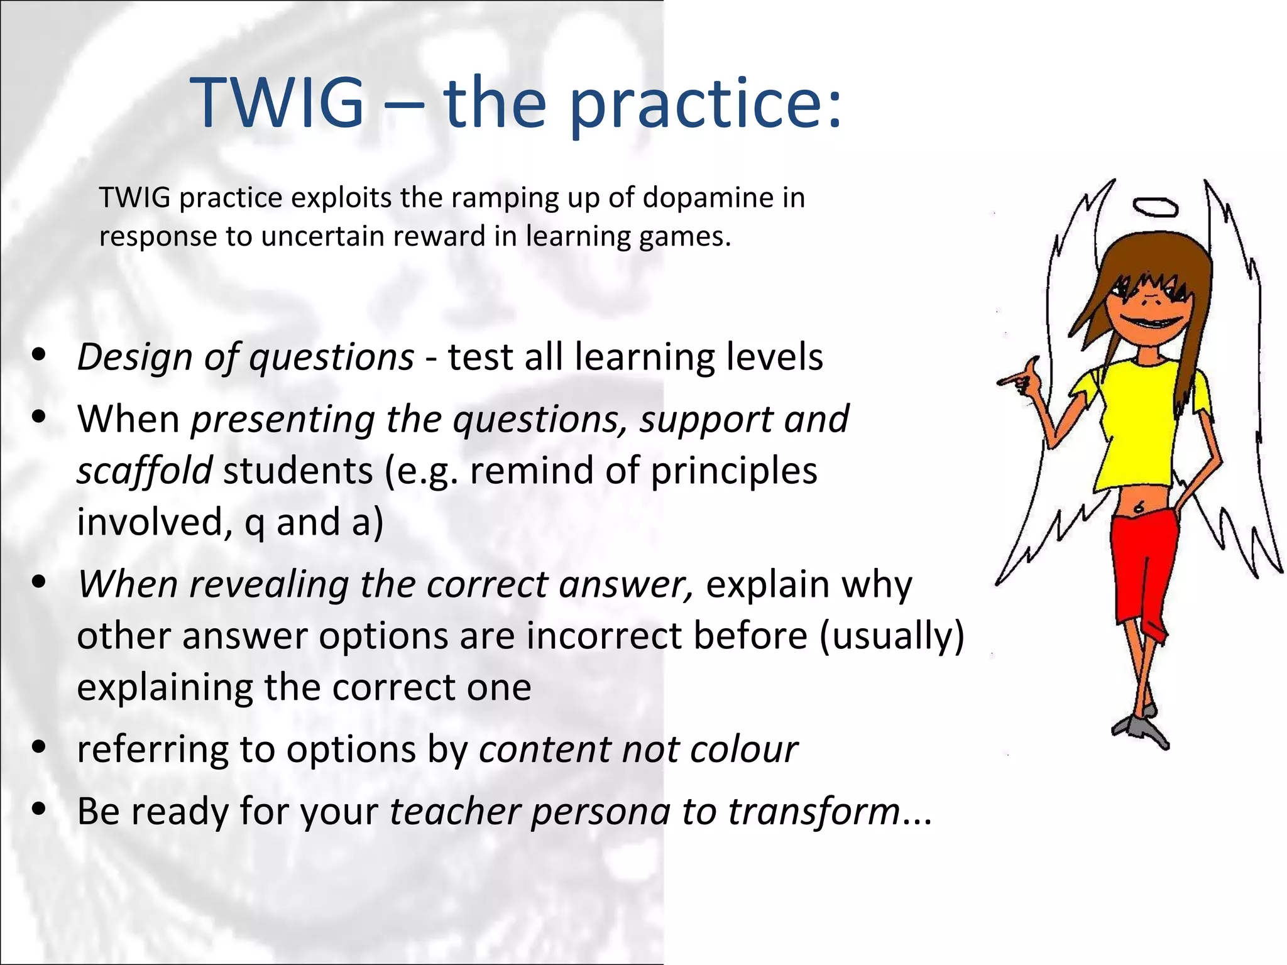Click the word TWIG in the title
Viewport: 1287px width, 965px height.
[277, 102]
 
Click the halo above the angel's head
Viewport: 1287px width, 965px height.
[1155, 207]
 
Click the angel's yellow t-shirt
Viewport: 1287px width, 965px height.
[1137, 427]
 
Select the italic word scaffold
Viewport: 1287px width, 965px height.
[145, 471]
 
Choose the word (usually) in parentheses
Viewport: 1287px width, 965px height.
[892, 636]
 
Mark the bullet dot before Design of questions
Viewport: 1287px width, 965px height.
[39, 355]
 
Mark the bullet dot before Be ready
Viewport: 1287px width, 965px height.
[39, 809]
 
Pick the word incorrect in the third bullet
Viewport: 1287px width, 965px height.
[603, 636]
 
